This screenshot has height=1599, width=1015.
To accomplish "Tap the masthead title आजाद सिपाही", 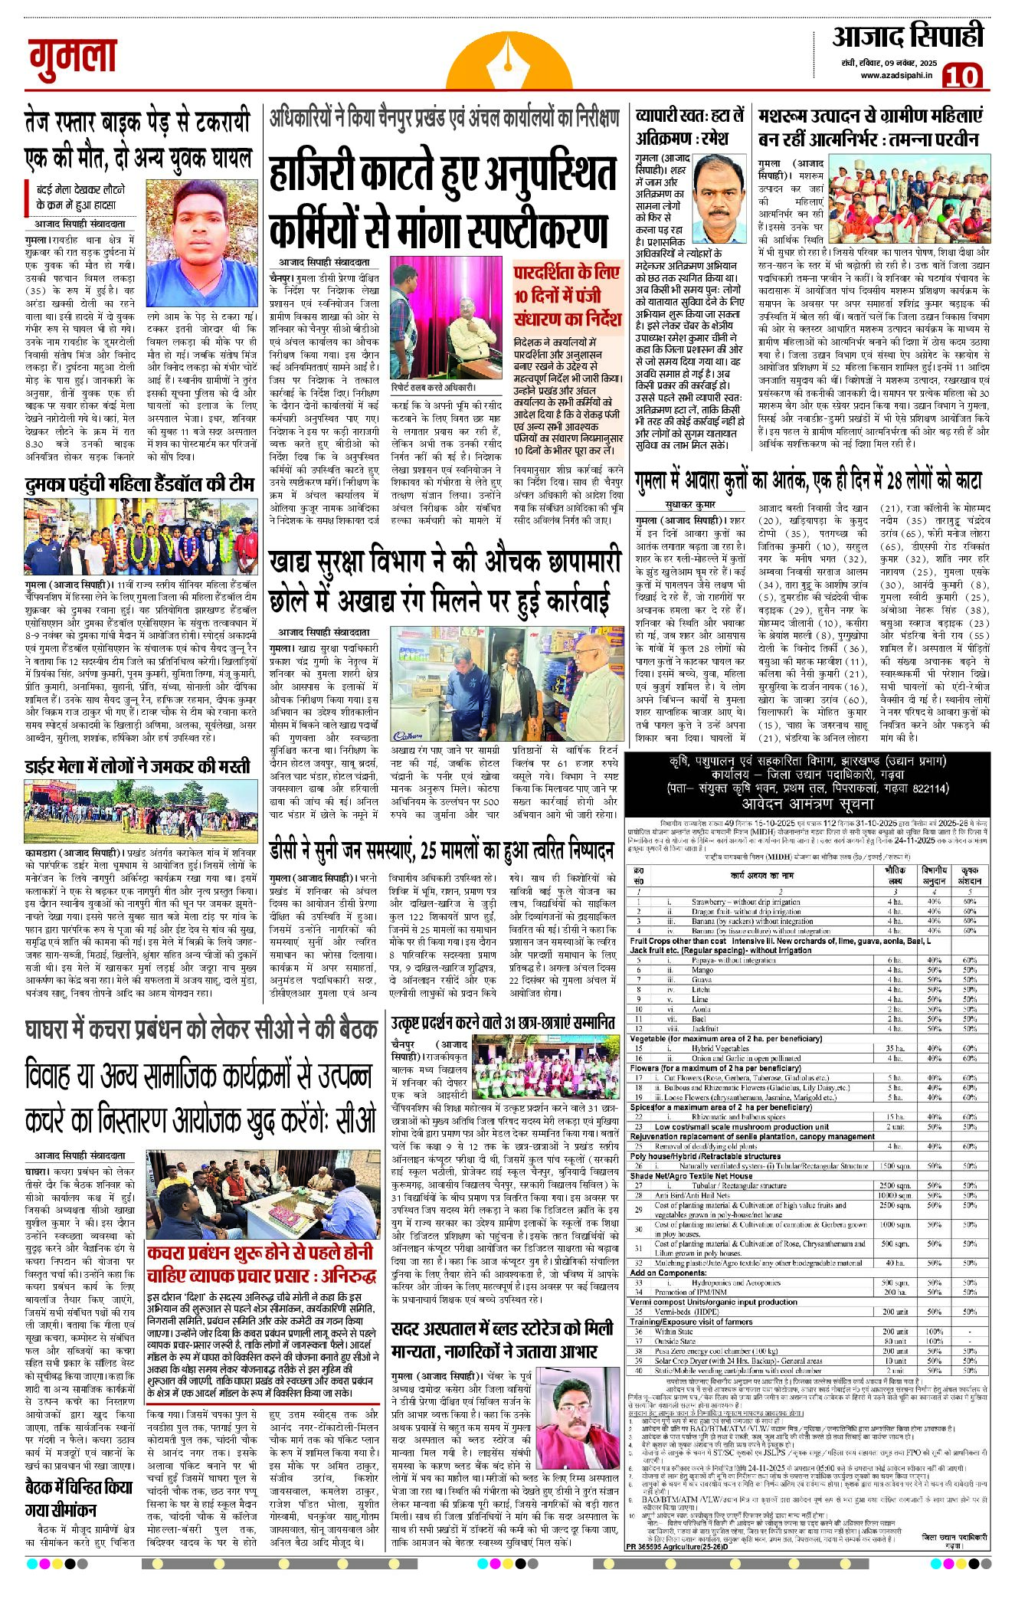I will coord(908,37).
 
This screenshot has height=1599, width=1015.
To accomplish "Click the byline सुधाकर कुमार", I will coord(690,506).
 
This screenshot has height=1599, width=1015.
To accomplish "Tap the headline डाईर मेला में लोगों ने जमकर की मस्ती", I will coord(138,766).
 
